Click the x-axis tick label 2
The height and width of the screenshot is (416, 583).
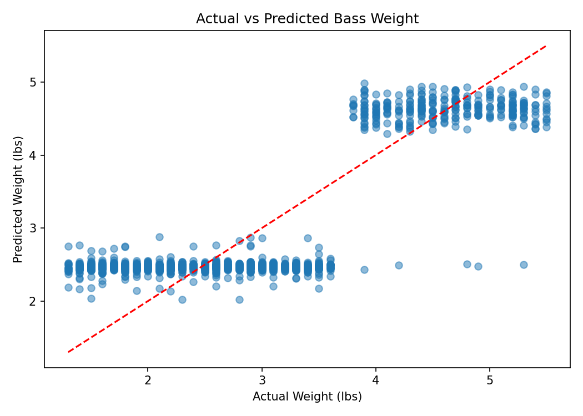point(148,381)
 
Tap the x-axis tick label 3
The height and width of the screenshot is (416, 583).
point(262,381)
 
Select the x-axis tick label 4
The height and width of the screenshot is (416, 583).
point(375,381)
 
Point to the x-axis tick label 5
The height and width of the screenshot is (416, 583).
point(490,381)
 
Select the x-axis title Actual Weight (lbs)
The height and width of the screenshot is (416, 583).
point(307,397)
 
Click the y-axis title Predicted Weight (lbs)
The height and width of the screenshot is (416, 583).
point(18,199)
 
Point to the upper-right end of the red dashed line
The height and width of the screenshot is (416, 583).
point(546,46)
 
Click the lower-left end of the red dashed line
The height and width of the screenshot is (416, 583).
point(68,352)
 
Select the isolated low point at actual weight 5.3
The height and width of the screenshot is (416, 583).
point(524,265)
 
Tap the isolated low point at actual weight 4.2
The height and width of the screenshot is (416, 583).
point(399,265)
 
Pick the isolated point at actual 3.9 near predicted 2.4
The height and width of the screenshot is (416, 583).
point(364,270)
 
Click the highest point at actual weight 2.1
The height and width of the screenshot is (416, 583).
point(159,237)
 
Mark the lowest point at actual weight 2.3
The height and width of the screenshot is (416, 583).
point(182,300)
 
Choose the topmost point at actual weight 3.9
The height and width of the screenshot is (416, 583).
point(364,83)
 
